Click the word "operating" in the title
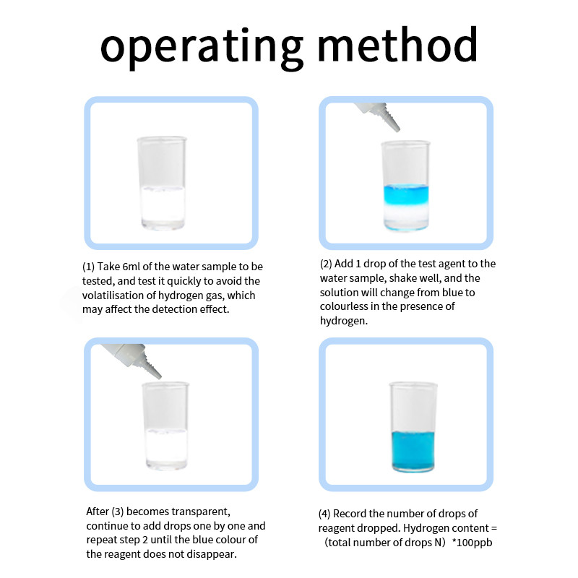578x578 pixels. tap(202, 47)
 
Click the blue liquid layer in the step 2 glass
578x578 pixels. tap(405, 194)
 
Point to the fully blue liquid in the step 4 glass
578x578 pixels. tap(413, 450)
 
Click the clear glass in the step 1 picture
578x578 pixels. tap(162, 184)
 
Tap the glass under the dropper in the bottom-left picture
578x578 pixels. tap(165, 426)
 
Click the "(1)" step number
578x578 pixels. tap(88, 267)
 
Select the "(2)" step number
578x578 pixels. tap(327, 264)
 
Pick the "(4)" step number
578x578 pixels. tap(324, 514)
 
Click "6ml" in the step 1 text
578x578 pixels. tap(131, 267)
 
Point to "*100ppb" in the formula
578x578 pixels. tap(472, 543)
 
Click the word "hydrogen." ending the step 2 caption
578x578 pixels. tap(344, 321)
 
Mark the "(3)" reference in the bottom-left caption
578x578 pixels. tap(118, 512)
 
